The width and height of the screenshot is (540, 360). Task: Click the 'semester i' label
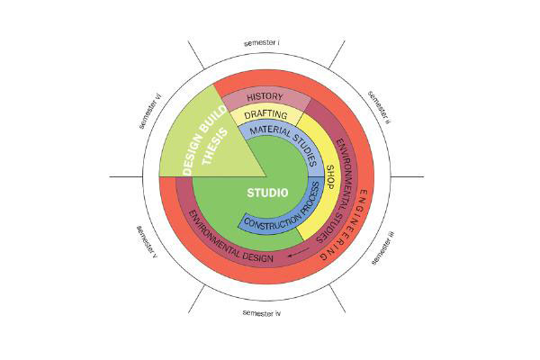[x=262, y=43]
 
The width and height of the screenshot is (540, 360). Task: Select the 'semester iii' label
[x=383, y=247]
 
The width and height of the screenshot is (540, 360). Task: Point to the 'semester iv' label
[x=262, y=313]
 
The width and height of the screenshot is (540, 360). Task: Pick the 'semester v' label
[x=147, y=242]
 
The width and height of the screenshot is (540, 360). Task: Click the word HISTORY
[x=265, y=97]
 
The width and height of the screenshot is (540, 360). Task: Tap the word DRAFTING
[x=265, y=114]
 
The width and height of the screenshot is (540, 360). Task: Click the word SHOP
[x=330, y=176]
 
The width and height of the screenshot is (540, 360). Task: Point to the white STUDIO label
[x=267, y=193]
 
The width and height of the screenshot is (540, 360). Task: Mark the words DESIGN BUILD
[x=204, y=140]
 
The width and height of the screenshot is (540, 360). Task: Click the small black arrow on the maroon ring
[x=299, y=253]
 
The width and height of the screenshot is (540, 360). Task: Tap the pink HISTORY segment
[x=265, y=98]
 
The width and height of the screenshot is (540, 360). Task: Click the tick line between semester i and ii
[x=337, y=54]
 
